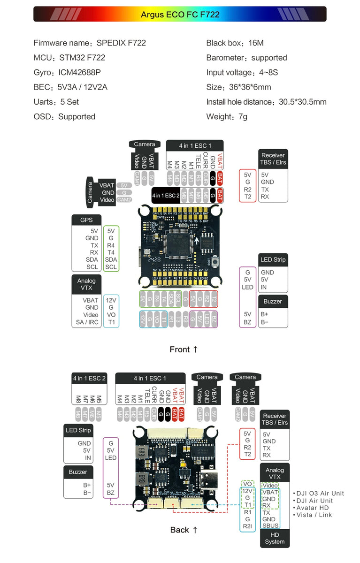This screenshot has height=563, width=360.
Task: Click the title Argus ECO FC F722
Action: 180,14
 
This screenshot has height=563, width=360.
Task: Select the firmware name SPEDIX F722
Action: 121,43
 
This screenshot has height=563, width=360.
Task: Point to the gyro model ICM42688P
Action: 79,73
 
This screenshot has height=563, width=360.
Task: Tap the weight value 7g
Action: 243,116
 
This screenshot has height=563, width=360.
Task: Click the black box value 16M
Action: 256,43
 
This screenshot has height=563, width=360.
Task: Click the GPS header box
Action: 86,220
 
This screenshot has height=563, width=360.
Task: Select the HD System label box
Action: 275,538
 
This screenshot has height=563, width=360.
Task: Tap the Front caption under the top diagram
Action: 184,349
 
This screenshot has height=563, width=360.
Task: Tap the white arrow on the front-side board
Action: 197,242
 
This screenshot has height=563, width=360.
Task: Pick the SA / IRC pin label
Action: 87,322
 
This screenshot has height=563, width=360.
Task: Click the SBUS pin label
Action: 270,526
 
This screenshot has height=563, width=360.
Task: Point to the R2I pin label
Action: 248,526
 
